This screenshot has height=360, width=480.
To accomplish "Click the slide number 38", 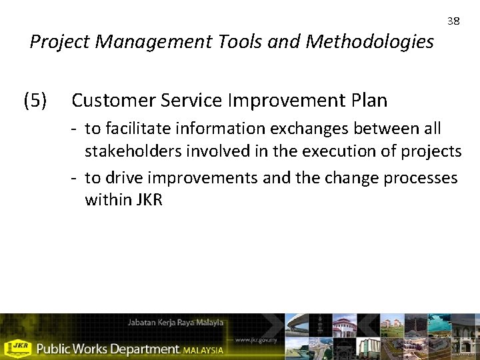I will click(453, 21).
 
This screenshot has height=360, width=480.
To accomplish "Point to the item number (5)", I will click(35, 101).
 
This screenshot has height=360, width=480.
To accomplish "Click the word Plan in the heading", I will click(367, 101).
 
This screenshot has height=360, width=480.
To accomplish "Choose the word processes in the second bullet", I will click(418, 179).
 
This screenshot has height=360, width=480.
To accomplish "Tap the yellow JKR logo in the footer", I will click(17, 348).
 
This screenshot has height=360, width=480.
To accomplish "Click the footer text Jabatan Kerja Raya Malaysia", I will click(176, 323).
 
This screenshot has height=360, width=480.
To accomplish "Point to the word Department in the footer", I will click(143, 349).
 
